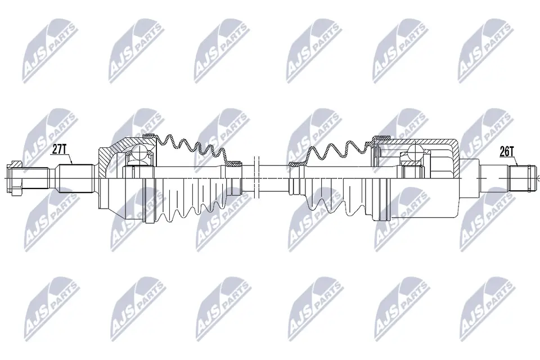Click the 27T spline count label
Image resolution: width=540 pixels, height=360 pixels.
60,149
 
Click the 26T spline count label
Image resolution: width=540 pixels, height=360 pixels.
507,151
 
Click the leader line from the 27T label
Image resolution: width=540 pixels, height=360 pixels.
70,159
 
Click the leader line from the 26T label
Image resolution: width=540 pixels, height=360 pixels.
512,161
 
